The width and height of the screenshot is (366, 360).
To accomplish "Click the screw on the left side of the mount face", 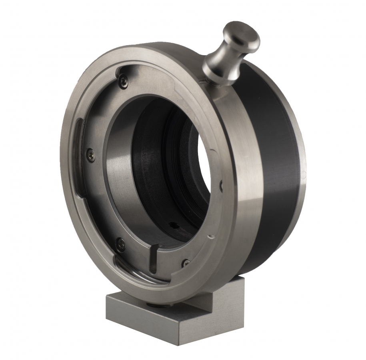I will tap(91, 154).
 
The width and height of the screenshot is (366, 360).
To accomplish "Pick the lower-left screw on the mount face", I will tap(120, 243).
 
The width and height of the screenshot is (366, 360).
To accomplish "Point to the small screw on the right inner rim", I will tap(220, 185).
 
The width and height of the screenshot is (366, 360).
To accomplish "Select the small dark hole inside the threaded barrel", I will tap(173, 225).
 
